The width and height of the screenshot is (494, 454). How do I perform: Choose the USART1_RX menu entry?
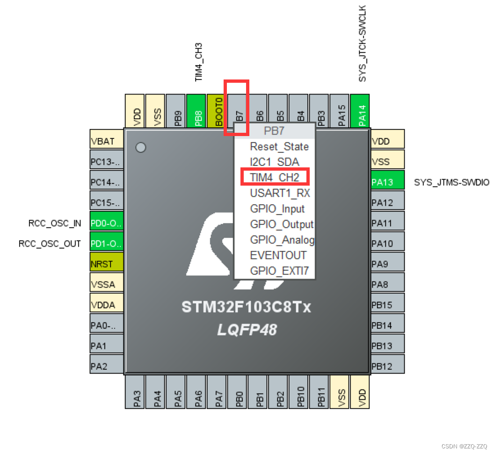[280, 193]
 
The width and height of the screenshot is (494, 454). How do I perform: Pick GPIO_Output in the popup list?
[282, 224]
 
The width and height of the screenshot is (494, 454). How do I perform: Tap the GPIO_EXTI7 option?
[279, 271]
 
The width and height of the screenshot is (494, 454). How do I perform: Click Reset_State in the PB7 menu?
[279, 146]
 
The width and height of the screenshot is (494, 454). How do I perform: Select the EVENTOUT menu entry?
[278, 255]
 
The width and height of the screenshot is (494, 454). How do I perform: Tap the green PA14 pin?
[360, 111]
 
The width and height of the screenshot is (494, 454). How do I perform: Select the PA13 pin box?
[387, 182]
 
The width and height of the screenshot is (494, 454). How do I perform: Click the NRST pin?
[107, 264]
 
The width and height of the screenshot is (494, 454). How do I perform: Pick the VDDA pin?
[107, 304]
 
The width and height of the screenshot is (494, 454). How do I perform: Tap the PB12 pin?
[387, 366]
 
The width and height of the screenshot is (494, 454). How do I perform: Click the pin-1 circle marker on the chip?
[140, 148]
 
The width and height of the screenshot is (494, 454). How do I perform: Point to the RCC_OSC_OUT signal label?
[50, 244]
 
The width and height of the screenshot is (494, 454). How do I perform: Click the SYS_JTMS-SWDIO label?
[451, 182]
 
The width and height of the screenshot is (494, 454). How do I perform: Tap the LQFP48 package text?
[247, 330]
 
